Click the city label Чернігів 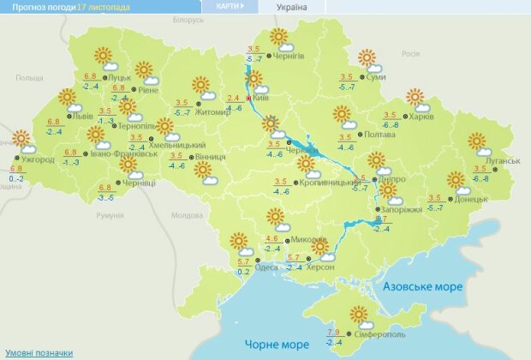(291, 57)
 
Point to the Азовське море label (422, 286)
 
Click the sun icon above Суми (367, 57)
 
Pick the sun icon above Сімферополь (358, 313)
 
